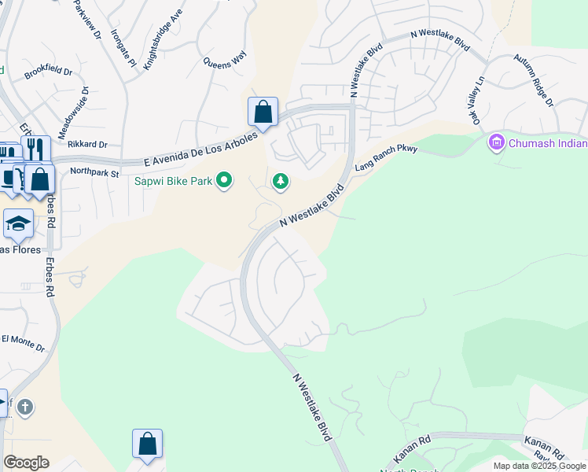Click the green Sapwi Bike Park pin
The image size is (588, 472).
pyautogui.click(x=224, y=181)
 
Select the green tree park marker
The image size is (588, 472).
pyautogui.click(x=280, y=182)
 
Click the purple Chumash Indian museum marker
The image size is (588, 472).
pyautogui.click(x=496, y=143)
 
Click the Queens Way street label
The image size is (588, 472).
pyautogui.click(x=224, y=60)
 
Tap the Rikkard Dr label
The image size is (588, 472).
pyautogui.click(x=87, y=145)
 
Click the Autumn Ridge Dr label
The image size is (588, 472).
pyautogui.click(x=534, y=80)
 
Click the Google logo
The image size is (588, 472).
pyautogui.click(x=26, y=463)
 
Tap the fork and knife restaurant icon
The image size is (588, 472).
pyautogui.click(x=35, y=149)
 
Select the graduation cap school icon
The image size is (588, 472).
pyautogui.click(x=18, y=224)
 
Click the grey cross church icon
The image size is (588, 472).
pyautogui.click(x=25, y=407)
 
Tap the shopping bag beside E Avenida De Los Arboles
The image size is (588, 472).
pyautogui.click(x=263, y=112)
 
